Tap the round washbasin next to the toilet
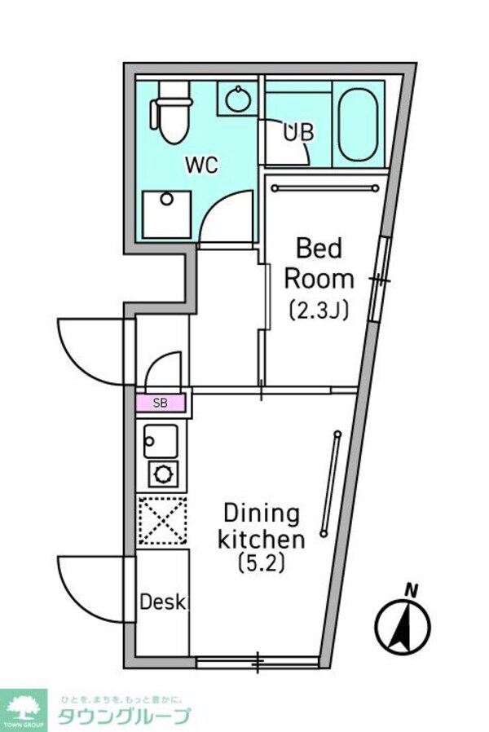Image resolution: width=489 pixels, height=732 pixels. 237,100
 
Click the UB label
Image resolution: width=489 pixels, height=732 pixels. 298,132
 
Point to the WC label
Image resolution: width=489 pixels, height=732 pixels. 201,164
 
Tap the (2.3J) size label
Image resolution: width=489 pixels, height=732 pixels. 318,310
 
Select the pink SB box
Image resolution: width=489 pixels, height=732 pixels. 161,403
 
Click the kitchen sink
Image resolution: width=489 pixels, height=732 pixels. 161,441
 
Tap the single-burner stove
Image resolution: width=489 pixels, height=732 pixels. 161,473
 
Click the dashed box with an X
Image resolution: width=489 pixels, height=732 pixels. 161,520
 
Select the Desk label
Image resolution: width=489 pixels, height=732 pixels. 163,603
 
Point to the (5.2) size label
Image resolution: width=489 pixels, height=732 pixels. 262,562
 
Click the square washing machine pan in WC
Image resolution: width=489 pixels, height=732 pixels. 167,214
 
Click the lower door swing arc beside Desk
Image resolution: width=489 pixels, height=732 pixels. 91,589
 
